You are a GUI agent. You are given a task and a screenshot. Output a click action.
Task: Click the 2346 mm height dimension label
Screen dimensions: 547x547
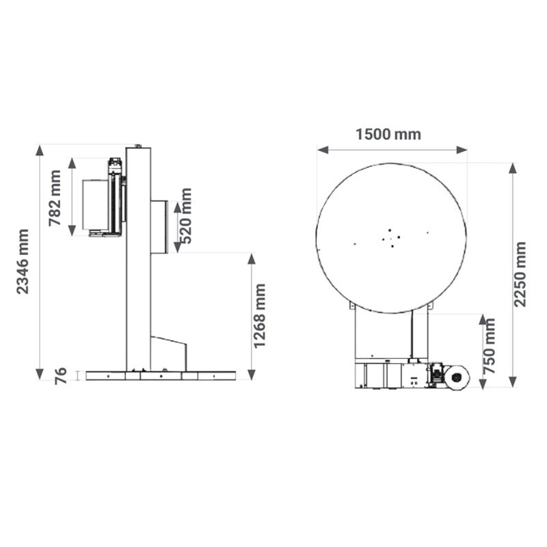23,262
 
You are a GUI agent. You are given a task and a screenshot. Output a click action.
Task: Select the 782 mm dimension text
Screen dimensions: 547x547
55,198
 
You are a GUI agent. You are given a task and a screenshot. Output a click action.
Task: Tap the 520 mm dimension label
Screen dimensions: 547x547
185,216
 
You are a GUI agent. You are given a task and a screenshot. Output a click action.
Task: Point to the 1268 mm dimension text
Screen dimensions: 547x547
260,316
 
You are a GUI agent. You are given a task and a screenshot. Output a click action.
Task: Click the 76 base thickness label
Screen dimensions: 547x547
61,375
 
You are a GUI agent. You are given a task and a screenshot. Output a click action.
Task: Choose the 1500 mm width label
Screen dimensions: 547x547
388,134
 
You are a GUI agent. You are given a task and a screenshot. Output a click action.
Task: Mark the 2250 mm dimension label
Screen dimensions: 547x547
520,274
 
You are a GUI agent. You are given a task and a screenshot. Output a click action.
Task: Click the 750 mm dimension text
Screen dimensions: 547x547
490,346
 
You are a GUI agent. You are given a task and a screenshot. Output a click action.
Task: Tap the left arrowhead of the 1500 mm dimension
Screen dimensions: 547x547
323,150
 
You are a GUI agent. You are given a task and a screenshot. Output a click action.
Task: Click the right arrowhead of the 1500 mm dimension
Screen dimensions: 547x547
462,150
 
